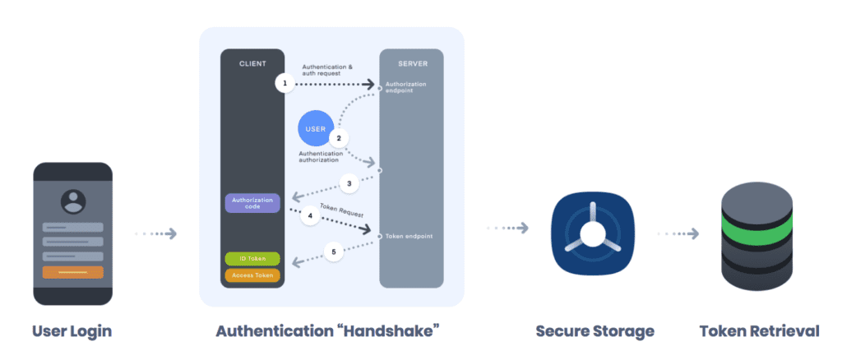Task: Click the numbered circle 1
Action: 285,84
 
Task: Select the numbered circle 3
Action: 349,183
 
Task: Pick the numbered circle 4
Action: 310,217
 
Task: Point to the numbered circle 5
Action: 333,252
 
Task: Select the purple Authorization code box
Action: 252,202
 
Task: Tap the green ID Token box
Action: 252,259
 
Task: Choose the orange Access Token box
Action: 252,275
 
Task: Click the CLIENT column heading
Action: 252,63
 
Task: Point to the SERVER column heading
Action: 411,63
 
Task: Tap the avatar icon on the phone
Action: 72,201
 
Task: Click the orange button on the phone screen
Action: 72,272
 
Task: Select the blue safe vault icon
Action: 590,233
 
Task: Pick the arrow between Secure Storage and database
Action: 679,234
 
